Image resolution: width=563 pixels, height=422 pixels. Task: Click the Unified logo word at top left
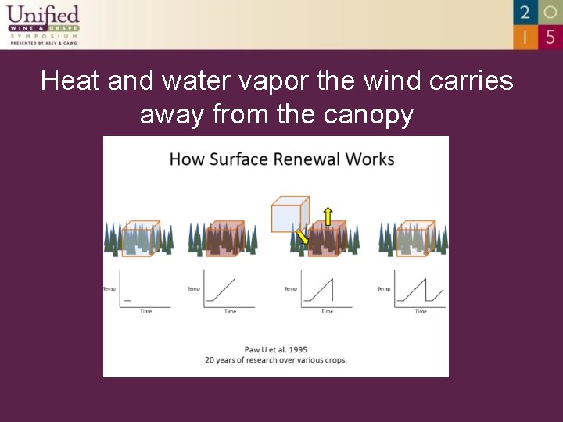[x=43, y=14]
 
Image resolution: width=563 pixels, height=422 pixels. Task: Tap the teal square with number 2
[x=525, y=12]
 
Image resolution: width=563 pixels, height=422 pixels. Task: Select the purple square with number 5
[x=550, y=36]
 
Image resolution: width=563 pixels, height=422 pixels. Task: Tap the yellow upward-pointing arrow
[x=328, y=216]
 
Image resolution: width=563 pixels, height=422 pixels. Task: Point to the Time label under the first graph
[x=145, y=312]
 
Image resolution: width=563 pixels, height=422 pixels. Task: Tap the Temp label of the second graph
[x=193, y=289]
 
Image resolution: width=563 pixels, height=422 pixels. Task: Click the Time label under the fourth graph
[x=421, y=312]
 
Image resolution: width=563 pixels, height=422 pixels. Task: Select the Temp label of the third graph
[x=290, y=289]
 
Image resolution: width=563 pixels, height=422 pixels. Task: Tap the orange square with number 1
[x=525, y=36]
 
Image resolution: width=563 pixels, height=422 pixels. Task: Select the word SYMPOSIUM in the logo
[x=44, y=36]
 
